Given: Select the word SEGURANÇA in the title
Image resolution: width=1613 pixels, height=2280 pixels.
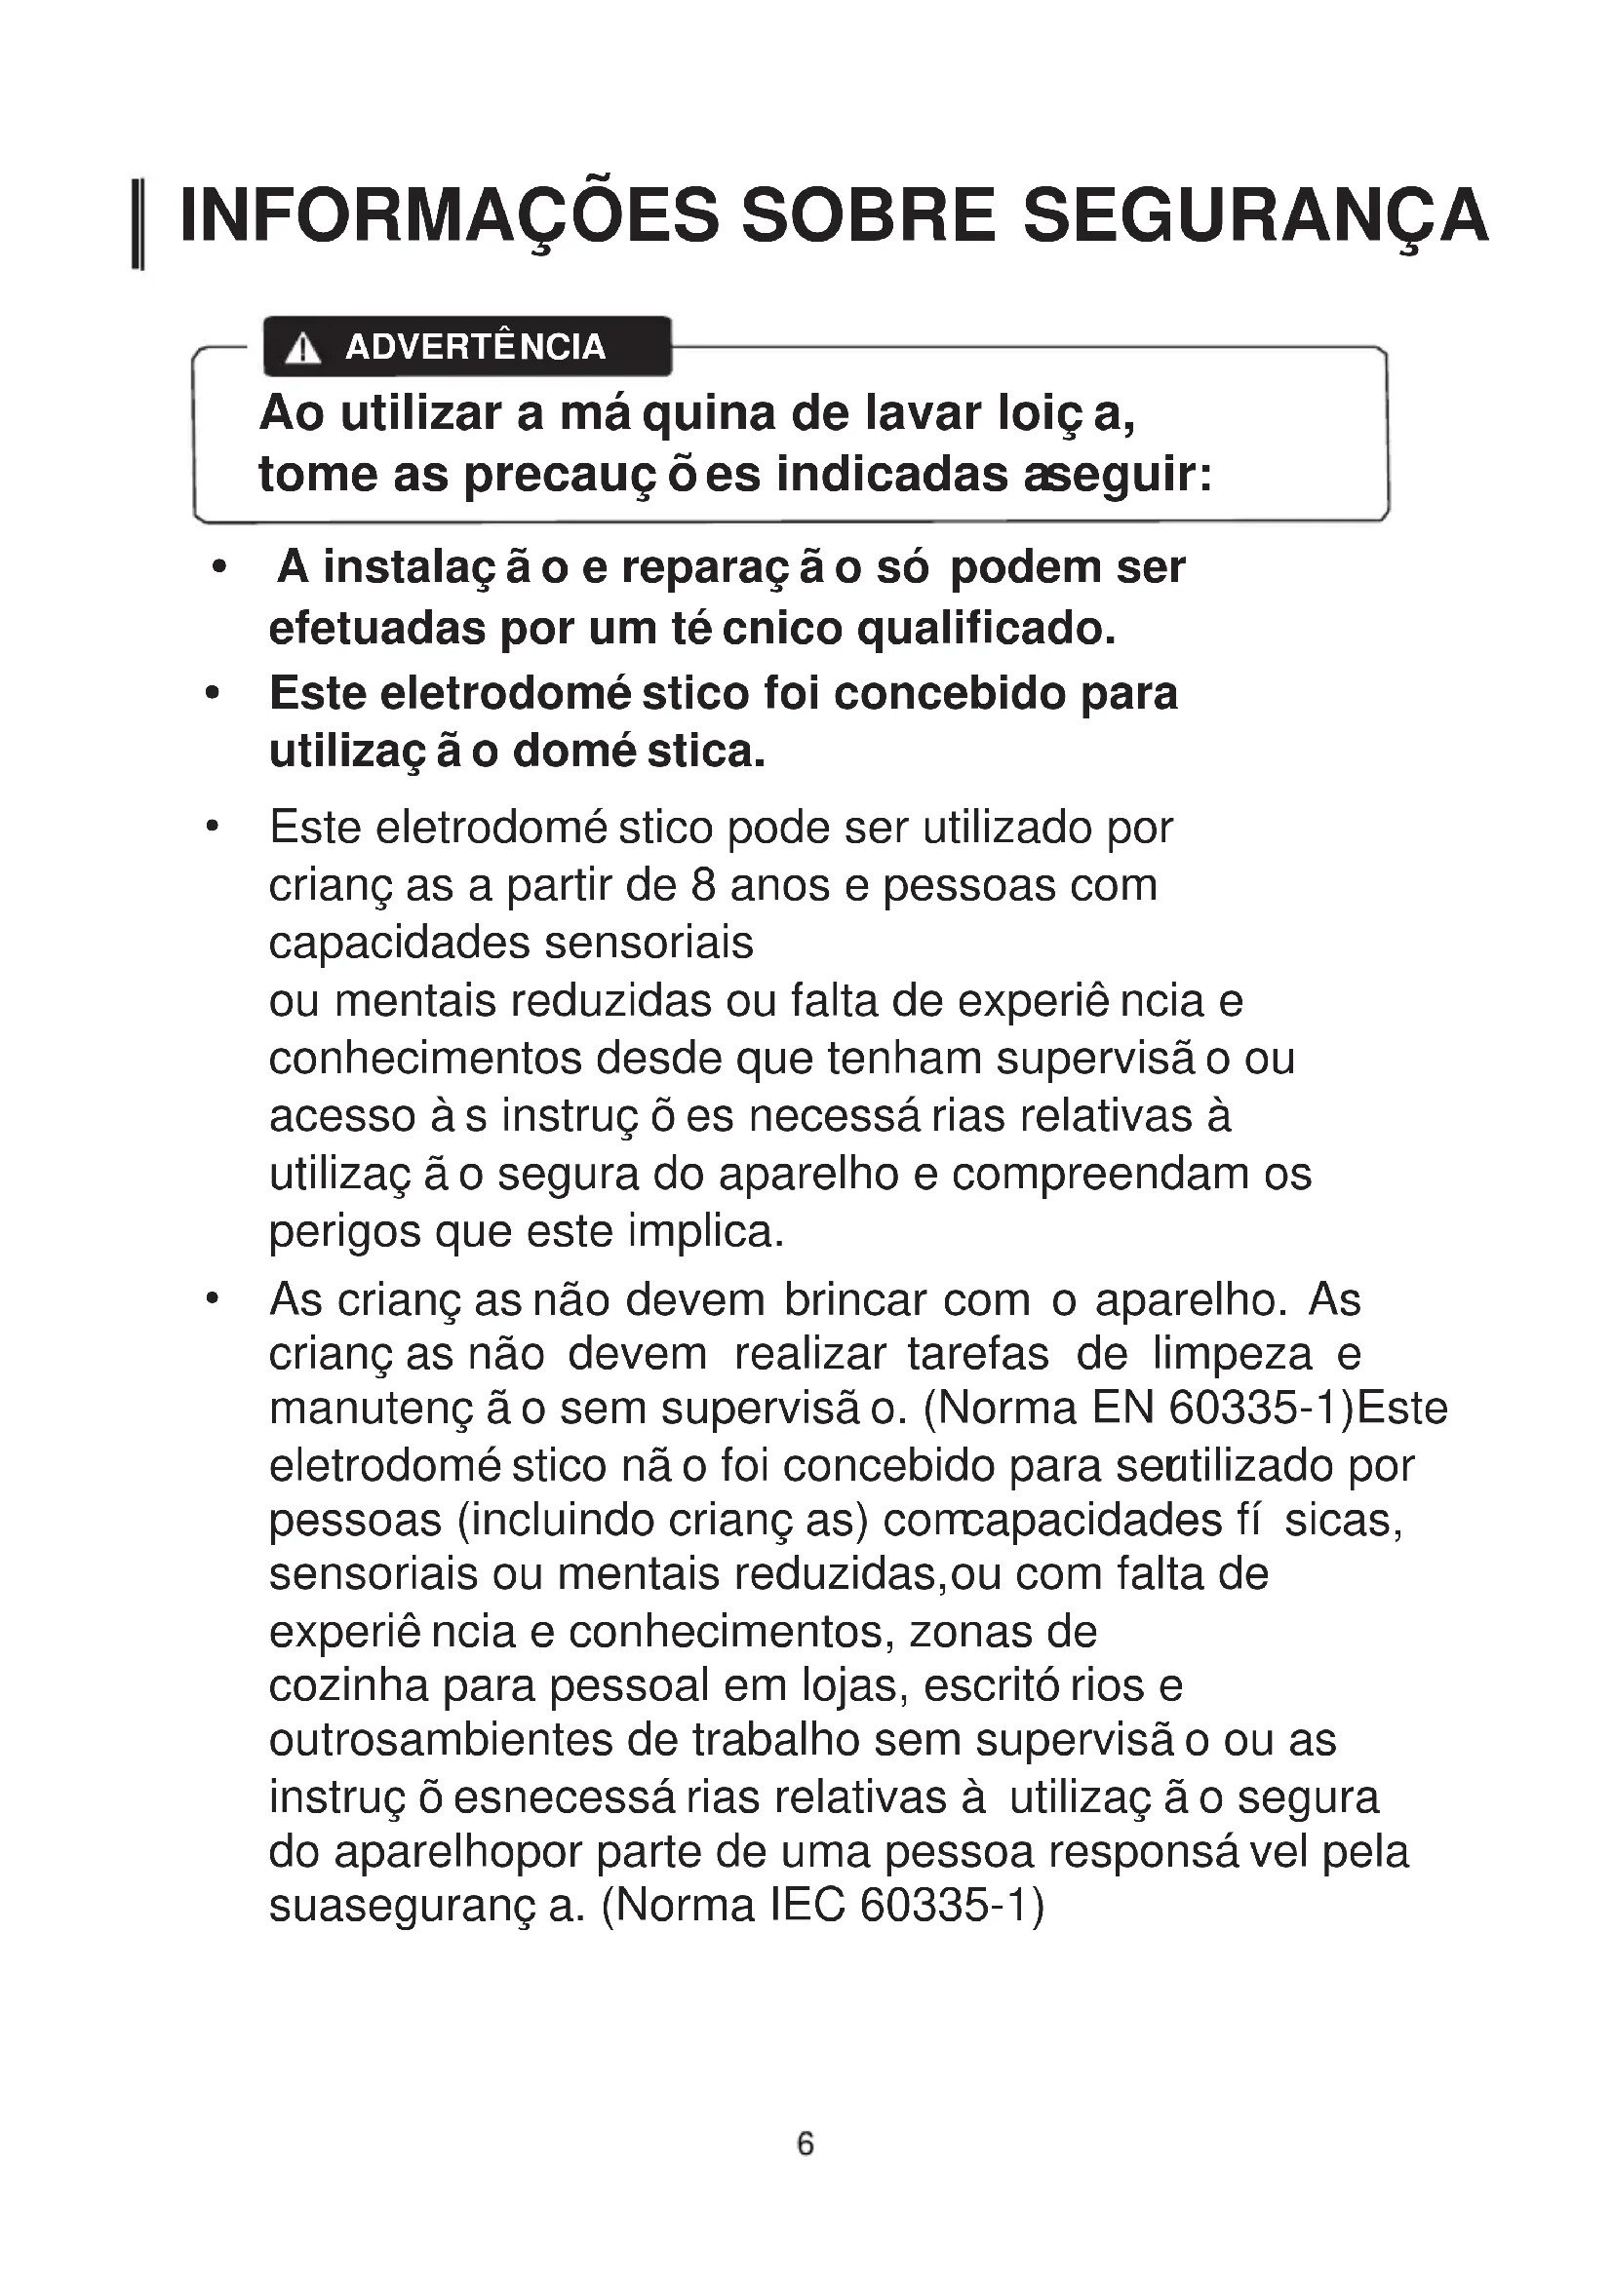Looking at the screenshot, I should coord(1255,216).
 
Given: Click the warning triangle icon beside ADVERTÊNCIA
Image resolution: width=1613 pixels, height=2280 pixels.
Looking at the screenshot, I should coord(302,349).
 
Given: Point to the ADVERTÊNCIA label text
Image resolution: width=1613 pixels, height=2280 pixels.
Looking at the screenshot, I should coord(475,348).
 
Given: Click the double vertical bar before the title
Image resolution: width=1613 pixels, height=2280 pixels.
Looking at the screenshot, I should coord(139,224).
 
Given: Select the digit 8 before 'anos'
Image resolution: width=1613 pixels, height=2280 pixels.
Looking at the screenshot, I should coord(703,885).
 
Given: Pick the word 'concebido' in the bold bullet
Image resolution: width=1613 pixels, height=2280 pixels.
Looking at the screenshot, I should coord(951,693).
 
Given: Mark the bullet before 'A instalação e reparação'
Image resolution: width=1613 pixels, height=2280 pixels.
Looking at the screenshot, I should coord(219,568).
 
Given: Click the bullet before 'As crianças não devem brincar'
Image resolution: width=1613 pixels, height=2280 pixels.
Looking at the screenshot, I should coord(211,1298).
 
